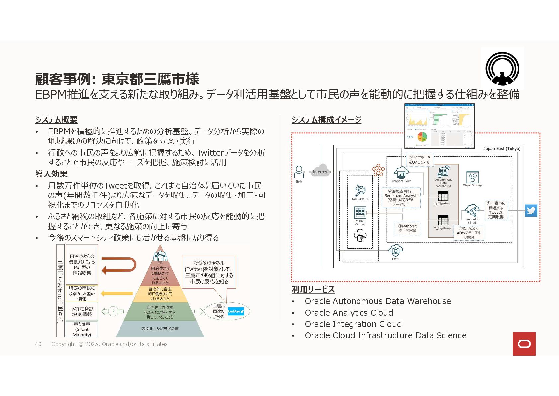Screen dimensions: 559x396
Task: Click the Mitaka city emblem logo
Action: click(502, 68)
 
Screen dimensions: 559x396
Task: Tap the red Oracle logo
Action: click(524, 344)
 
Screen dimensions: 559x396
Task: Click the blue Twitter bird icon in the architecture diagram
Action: click(531, 211)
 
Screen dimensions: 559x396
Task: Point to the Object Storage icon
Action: click(472, 177)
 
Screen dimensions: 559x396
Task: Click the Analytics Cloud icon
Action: click(401, 173)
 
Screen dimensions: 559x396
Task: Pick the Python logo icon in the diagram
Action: click(360, 236)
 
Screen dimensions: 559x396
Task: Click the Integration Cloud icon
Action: click(472, 211)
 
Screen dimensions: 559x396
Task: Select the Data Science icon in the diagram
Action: click(360, 191)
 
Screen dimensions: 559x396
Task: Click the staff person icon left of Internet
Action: click(299, 172)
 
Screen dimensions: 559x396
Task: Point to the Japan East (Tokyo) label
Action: click(502, 149)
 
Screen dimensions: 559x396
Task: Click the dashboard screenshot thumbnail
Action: click(439, 126)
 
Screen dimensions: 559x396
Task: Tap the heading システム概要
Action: click(56, 120)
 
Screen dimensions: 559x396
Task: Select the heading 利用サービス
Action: click(313, 289)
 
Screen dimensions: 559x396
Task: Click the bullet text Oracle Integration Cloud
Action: click(353, 324)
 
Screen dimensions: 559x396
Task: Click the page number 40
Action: click(38, 344)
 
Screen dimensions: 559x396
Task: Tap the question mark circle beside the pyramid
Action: click(113, 312)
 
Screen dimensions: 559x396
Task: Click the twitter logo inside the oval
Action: click(236, 311)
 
